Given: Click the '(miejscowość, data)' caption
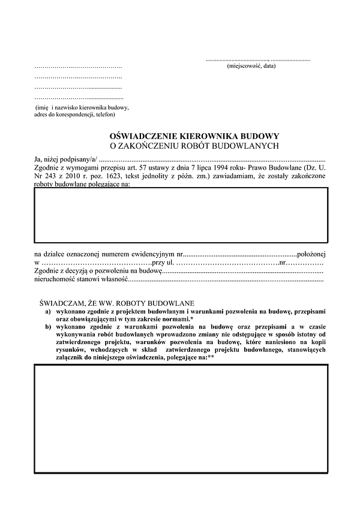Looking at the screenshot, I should (x=251, y=65).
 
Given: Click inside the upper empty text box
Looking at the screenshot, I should (x=181, y=213).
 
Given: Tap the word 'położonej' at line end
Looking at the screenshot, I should (x=311, y=255).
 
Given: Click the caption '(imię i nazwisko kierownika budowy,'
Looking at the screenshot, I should (x=82, y=107).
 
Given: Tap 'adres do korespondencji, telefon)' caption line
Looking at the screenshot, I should (x=74, y=114).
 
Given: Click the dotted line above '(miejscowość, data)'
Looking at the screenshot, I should (x=258, y=60).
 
